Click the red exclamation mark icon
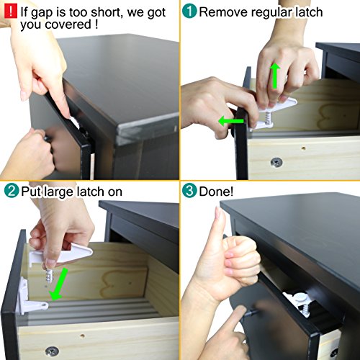pyautogui.click(x=11, y=12)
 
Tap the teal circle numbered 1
pyautogui.click(x=189, y=11)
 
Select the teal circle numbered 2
pyautogui.click(x=12, y=191)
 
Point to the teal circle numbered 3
pyautogui.click(x=189, y=191)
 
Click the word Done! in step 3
pyautogui.click(x=216, y=192)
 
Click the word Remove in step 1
pyautogui.click(x=223, y=12)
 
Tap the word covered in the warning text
pyautogui.click(x=68, y=24)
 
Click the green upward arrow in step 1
pyautogui.click(x=275, y=76)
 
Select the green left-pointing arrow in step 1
pyautogui.click(x=231, y=120)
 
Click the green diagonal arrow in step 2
pyautogui.click(x=58, y=284)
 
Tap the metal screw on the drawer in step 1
pyautogui.click(x=276, y=163)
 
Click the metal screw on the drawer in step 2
pyautogui.click(x=52, y=352)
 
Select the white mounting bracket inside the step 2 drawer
pyautogui.click(x=31, y=297)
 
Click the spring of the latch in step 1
pyautogui.click(x=267, y=118)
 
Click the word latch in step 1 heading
pyautogui.click(x=308, y=12)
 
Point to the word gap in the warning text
pyautogui.click(x=42, y=13)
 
